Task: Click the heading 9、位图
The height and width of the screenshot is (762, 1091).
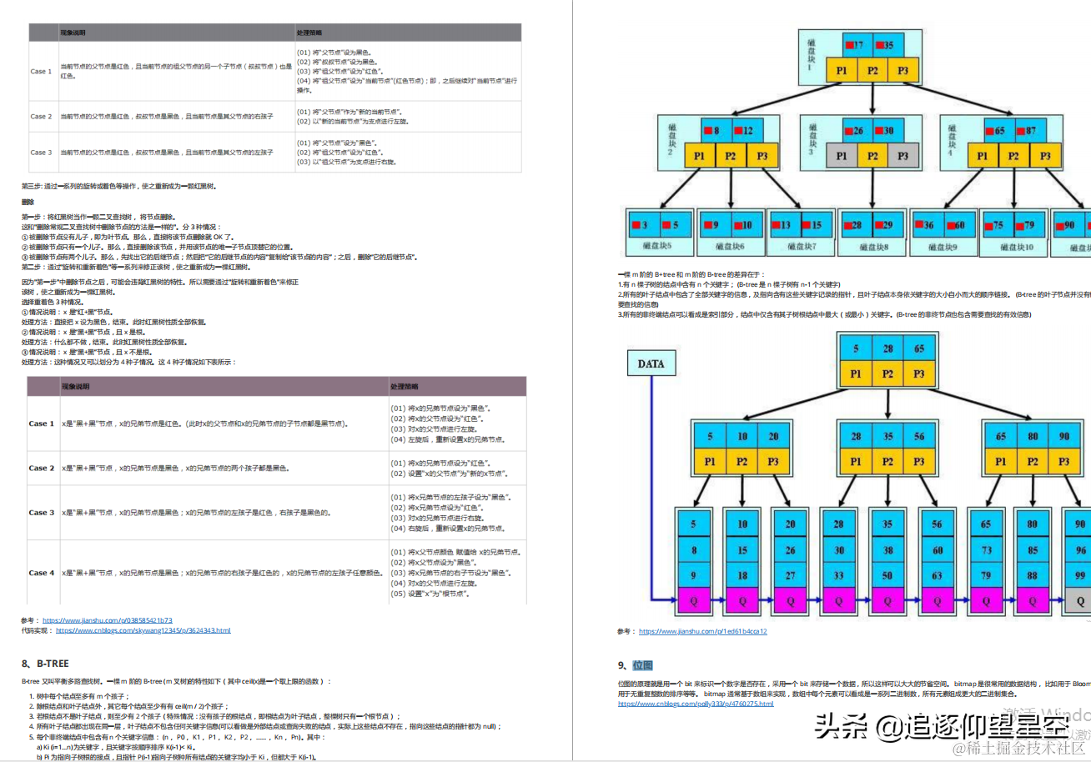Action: point(635,665)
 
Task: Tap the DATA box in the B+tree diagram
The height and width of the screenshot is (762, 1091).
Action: point(651,363)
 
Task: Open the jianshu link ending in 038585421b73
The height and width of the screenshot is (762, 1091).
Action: point(107,620)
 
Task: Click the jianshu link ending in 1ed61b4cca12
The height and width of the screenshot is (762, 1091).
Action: point(702,631)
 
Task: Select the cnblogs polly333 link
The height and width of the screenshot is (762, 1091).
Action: point(696,704)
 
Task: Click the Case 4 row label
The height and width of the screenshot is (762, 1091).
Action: point(42,573)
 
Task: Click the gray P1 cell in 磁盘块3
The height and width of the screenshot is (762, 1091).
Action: point(842,155)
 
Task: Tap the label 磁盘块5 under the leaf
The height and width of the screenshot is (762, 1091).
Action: point(657,246)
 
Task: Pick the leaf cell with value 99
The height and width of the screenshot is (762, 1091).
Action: point(1081,575)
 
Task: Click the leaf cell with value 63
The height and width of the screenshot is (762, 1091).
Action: point(937,575)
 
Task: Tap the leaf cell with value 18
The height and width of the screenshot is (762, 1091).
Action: point(742,575)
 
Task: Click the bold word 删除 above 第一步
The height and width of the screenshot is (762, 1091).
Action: point(28,203)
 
